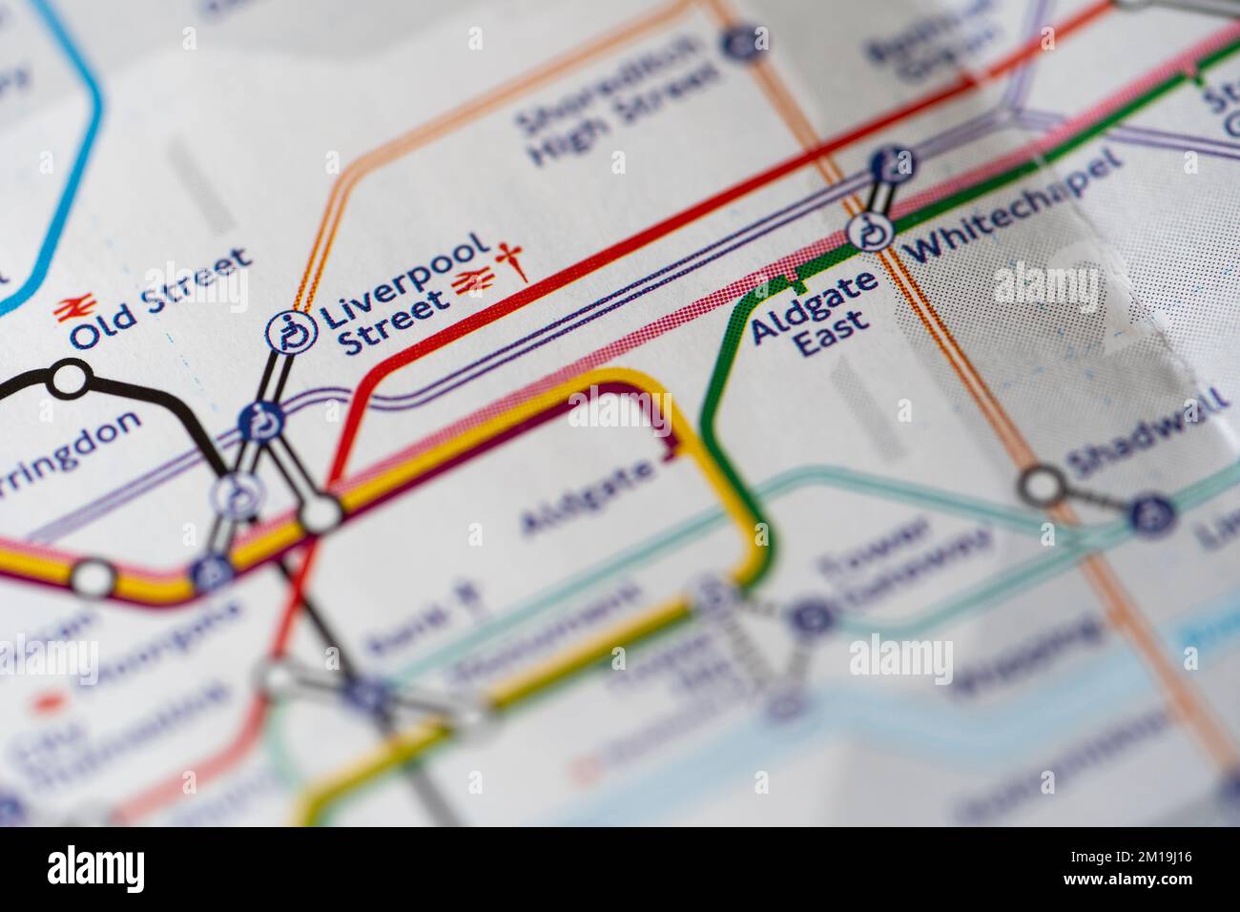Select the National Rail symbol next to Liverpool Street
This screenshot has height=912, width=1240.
coord(474,280)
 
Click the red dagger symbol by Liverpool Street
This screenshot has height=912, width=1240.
coord(514,260)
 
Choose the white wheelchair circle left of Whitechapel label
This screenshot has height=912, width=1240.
coord(869,232)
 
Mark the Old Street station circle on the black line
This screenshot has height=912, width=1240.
coord(69,379)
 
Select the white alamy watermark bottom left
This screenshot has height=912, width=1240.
coord(95,867)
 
